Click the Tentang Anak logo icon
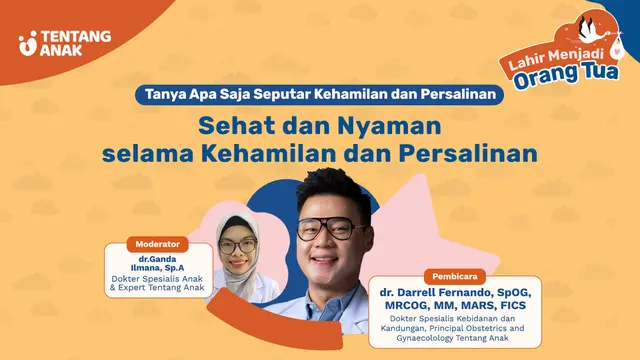coord(28,43)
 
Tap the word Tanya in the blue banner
coord(165,98)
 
